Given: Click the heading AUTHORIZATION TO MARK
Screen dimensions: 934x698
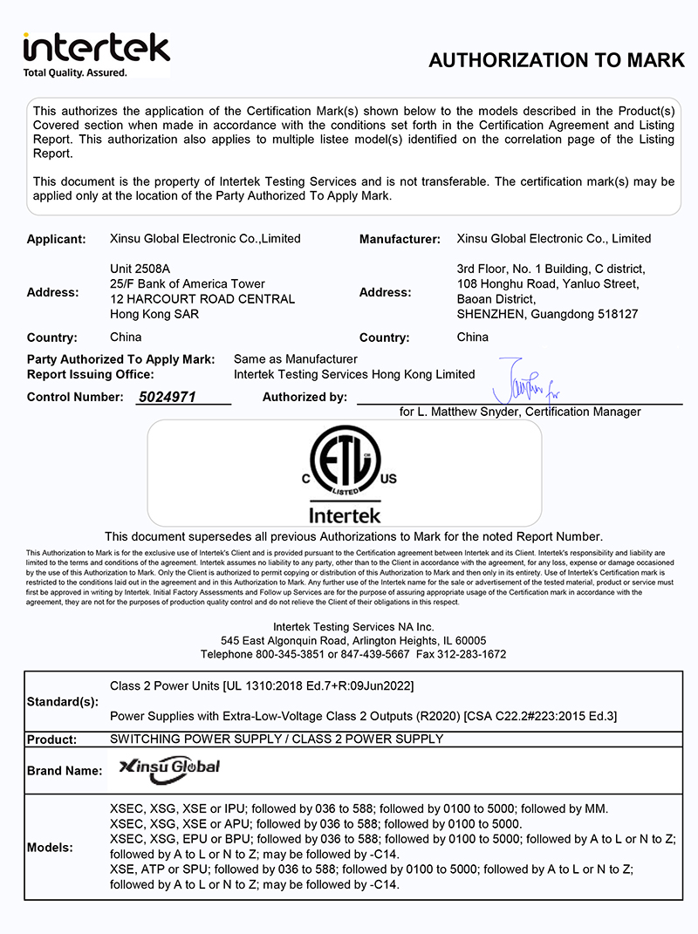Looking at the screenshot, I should pyautogui.click(x=557, y=60).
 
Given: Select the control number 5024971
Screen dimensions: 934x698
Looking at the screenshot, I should pyautogui.click(x=167, y=397).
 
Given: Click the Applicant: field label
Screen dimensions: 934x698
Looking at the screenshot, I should pyautogui.click(x=57, y=239).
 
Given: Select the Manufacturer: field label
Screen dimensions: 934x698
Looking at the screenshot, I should pyautogui.click(x=400, y=239).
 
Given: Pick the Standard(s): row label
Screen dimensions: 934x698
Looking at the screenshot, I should pyautogui.click(x=63, y=701).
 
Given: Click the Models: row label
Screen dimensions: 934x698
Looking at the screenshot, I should pyautogui.click(x=51, y=848).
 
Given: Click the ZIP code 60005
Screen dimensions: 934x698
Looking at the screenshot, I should pyautogui.click(x=469, y=640).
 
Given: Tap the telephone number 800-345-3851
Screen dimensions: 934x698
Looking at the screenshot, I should pyautogui.click(x=286, y=654).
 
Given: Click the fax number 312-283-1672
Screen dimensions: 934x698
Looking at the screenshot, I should pyautogui.click(x=473, y=654).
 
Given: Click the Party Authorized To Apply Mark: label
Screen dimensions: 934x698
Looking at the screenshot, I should pyautogui.click(x=120, y=359).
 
